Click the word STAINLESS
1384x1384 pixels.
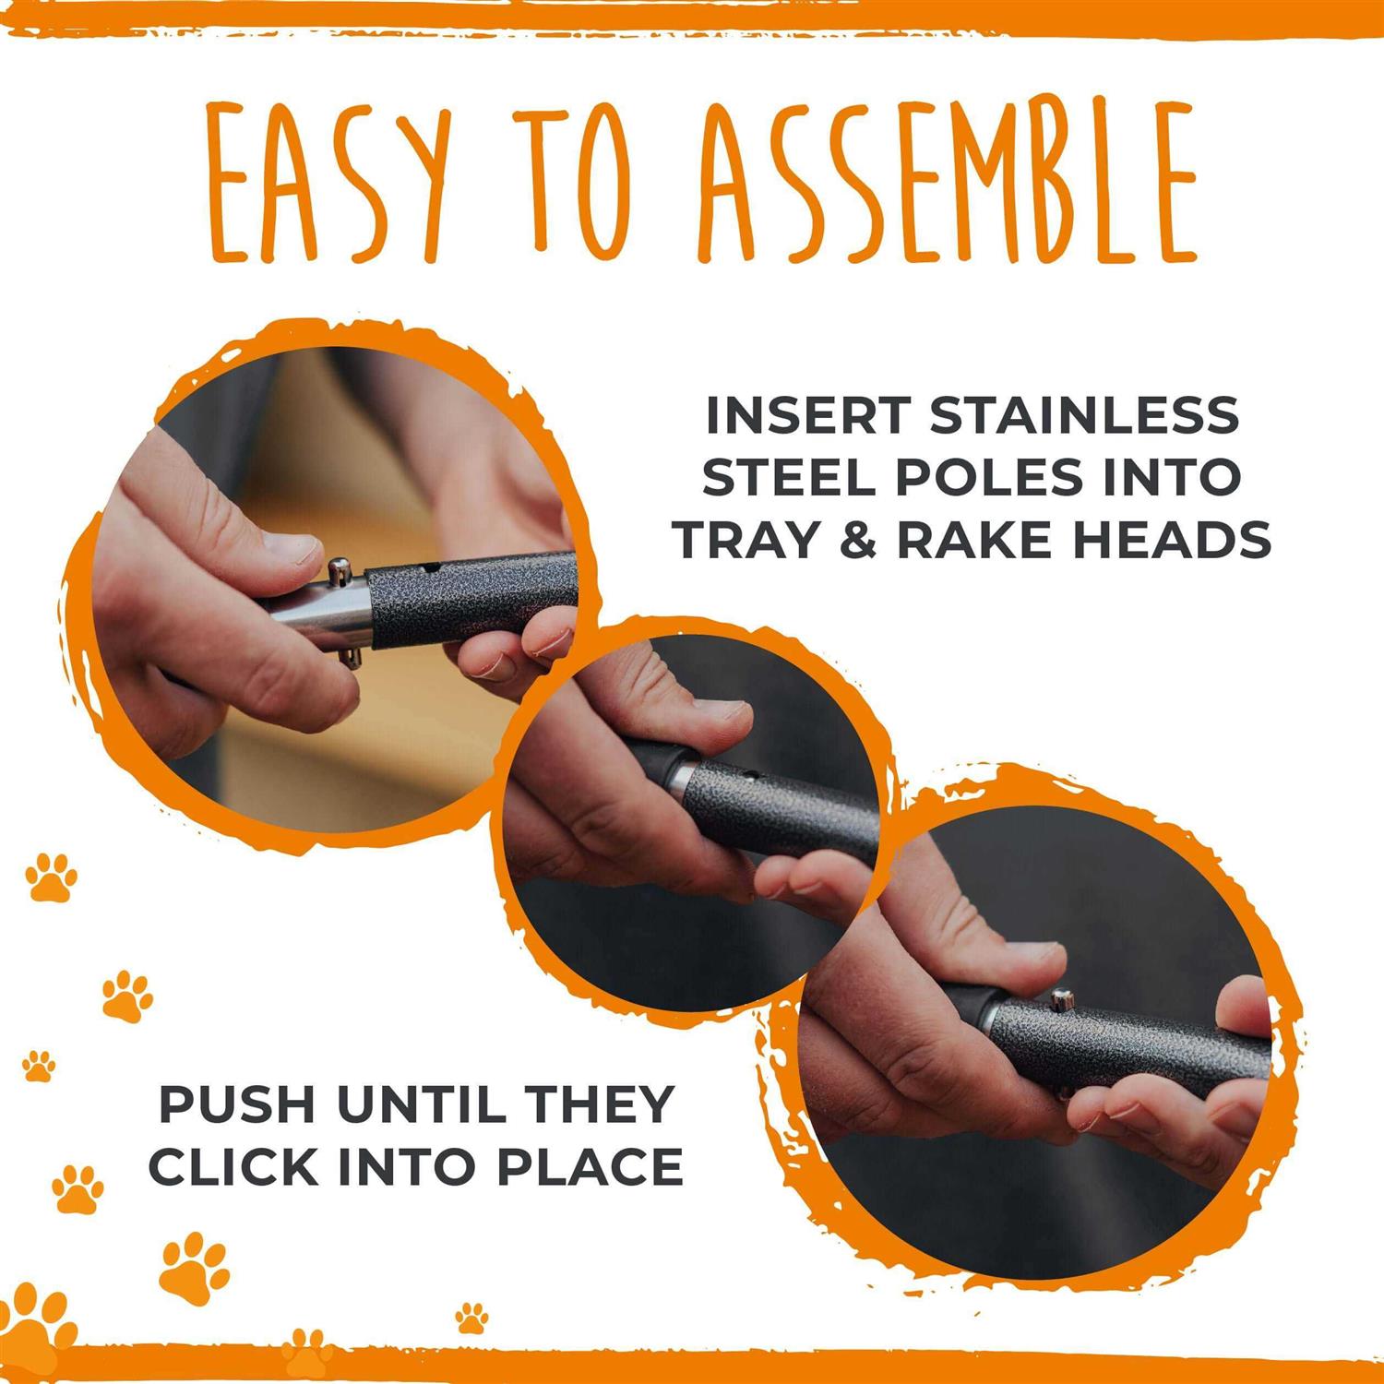click(1085, 415)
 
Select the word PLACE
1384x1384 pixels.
click(591, 1167)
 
